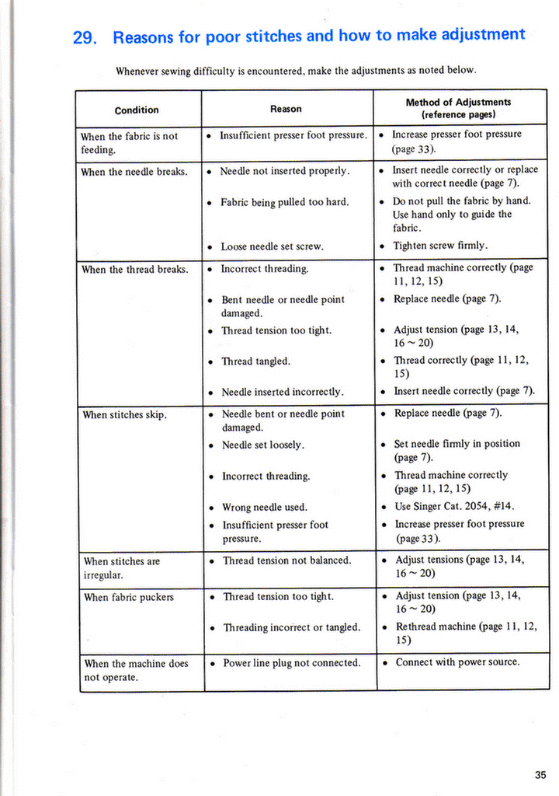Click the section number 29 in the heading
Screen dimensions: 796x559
83,38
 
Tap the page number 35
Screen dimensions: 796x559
540,773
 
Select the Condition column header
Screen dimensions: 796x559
137,110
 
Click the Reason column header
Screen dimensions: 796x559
286,109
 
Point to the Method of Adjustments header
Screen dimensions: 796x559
458,107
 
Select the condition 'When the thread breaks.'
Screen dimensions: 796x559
135,270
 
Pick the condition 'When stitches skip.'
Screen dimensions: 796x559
125,415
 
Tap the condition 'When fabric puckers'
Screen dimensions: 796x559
129,597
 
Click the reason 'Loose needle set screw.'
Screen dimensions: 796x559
273,246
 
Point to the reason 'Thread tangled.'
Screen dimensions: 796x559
258,361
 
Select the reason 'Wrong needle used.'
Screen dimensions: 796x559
265,508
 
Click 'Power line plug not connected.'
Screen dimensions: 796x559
292,663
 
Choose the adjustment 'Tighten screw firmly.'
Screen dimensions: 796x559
440,246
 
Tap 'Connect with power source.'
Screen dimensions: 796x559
458,662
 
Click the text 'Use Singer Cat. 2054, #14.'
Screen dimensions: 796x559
455,506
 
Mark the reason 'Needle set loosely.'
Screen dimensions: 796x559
263,445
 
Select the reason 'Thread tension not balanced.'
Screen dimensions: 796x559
287,560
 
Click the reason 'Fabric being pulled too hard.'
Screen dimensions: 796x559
285,202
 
